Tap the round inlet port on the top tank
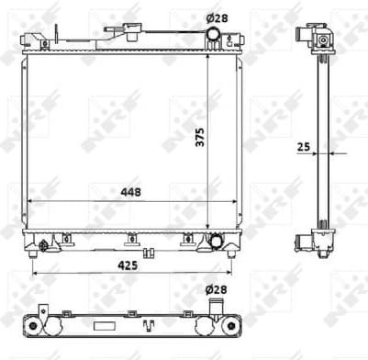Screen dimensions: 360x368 coord(213,36)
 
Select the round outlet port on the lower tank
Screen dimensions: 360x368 coord(217,242)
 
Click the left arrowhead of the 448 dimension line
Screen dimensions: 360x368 coord(32,200)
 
